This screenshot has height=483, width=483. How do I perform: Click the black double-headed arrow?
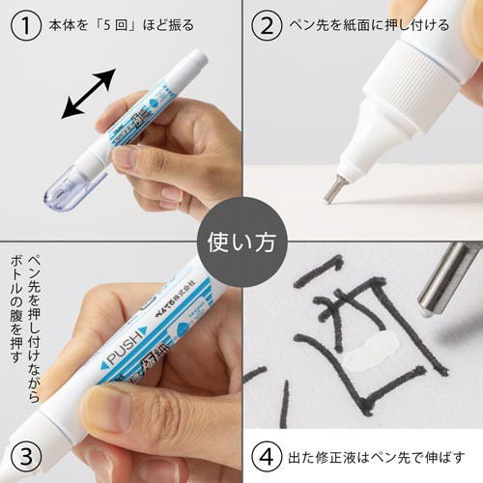click(89, 94)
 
